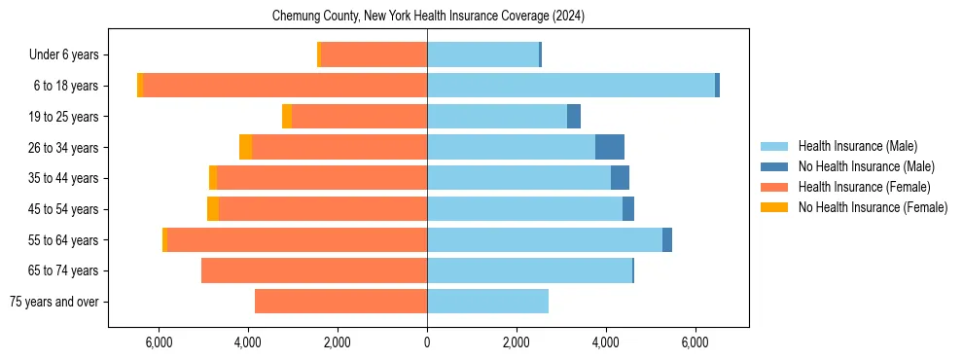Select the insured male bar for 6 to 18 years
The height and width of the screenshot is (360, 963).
pyautogui.click(x=571, y=86)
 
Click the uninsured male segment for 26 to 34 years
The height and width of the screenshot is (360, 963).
pyautogui.click(x=610, y=147)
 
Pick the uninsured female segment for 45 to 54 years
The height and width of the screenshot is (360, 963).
pyautogui.click(x=213, y=209)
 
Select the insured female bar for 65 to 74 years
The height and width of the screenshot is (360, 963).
pyautogui.click(x=314, y=270)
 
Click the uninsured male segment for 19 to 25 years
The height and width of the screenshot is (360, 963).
pyautogui.click(x=574, y=117)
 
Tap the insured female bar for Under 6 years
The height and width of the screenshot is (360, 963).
pyautogui.click(x=374, y=54)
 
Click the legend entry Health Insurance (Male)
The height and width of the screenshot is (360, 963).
pyautogui.click(x=857, y=146)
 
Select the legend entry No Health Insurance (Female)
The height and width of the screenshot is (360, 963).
pyautogui.click(x=873, y=207)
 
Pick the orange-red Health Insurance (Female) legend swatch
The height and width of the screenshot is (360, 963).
pyautogui.click(x=774, y=187)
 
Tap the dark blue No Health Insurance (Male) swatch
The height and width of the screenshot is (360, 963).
pyautogui.click(x=774, y=166)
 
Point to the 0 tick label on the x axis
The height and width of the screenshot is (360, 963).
pyautogui.click(x=427, y=342)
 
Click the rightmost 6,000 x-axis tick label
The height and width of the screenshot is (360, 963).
pyautogui.click(x=695, y=342)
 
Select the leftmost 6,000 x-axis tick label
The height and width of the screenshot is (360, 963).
pyautogui.click(x=159, y=342)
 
